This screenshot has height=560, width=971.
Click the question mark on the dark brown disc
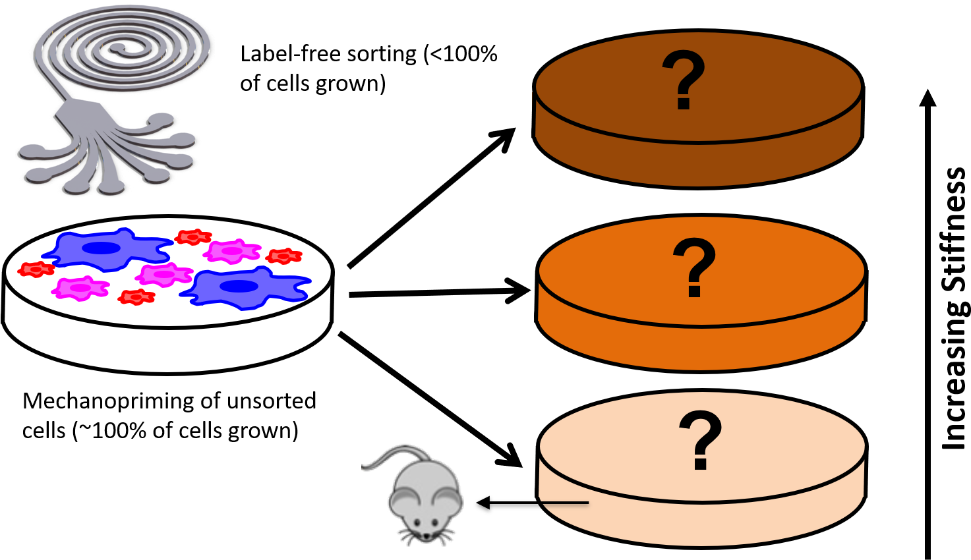coord(684,80)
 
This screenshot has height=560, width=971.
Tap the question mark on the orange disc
coord(694,267)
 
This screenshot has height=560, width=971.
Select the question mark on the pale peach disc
coord(701,440)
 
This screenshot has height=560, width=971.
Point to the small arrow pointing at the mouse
coord(533,503)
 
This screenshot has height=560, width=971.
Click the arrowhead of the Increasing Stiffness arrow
coord(927,97)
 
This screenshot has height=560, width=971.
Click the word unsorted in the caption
coord(272,401)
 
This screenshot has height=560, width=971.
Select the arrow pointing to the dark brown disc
coord(432,198)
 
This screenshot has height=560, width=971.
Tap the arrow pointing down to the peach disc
coord(430,399)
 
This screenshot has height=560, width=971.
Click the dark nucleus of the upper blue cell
coord(101,248)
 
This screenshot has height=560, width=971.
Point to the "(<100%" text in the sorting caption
coord(460,55)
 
